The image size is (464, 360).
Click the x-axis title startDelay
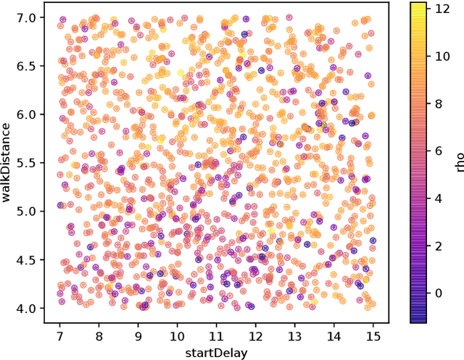(216, 353)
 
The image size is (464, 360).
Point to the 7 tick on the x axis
(60, 337)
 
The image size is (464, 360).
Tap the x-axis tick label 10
(177, 337)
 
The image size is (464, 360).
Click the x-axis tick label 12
(255, 337)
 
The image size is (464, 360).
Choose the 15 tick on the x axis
(373, 337)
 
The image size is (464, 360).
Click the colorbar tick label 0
(436, 293)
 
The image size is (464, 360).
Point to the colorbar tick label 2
(436, 246)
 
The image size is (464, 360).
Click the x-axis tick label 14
(333, 337)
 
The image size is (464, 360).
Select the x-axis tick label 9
(138, 337)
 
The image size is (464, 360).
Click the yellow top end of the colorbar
(418, 6)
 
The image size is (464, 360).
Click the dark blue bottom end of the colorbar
(418, 319)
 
